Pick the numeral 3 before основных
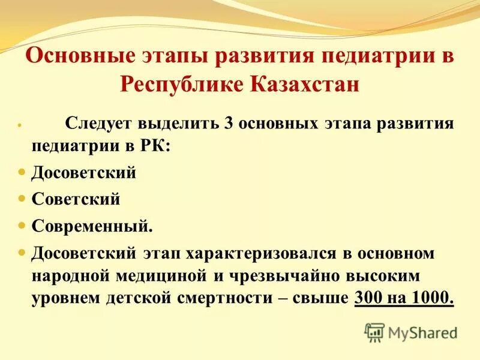coord(227,124)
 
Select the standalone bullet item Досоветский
coord(84,173)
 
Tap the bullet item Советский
coord(76,199)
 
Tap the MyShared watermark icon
coord(374,332)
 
